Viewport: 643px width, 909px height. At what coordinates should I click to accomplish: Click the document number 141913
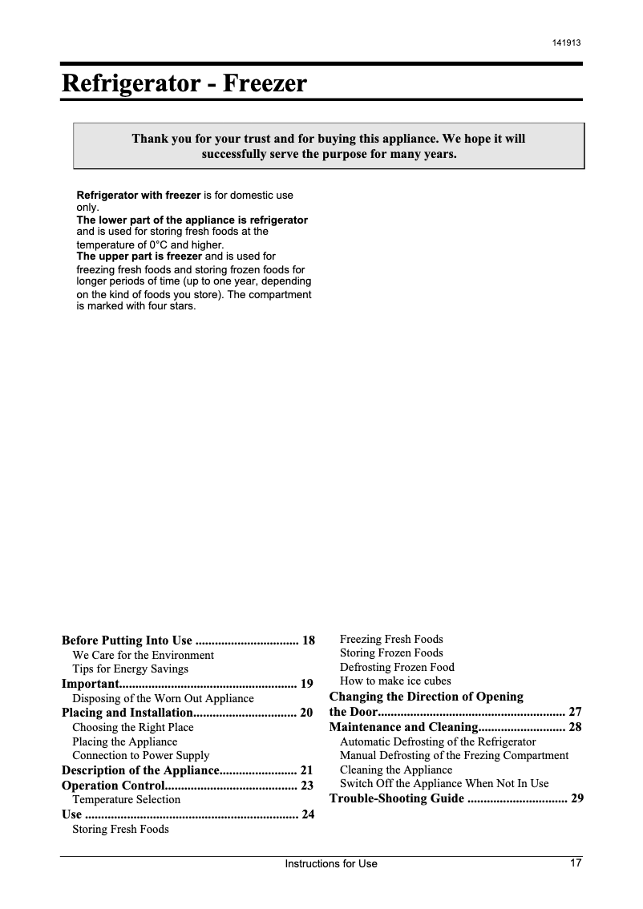pyautogui.click(x=567, y=42)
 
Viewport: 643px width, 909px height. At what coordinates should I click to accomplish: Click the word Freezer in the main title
pyautogui.click(x=265, y=83)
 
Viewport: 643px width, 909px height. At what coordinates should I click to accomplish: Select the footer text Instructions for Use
pyautogui.click(x=331, y=864)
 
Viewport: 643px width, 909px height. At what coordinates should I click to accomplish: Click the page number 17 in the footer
pyautogui.click(x=576, y=863)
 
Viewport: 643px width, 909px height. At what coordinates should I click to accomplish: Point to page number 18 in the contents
pyautogui.click(x=309, y=640)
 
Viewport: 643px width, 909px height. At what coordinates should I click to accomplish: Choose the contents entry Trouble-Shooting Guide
pyautogui.click(x=396, y=798)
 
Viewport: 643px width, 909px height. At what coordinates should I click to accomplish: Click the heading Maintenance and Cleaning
pyautogui.click(x=403, y=727)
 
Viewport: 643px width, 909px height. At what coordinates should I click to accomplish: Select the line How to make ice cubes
pyautogui.click(x=395, y=681)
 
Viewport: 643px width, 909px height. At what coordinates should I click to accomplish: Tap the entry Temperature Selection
pyautogui.click(x=127, y=799)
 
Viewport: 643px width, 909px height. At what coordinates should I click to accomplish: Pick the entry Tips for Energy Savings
pyautogui.click(x=131, y=669)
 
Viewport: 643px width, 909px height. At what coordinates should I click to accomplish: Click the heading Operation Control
pyautogui.click(x=113, y=786)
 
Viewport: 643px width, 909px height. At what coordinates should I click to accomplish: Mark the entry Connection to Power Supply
pyautogui.click(x=141, y=755)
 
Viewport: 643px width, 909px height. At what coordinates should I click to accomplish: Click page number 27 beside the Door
pyautogui.click(x=575, y=712)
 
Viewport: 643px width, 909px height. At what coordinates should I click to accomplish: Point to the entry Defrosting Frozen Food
pyautogui.click(x=397, y=667)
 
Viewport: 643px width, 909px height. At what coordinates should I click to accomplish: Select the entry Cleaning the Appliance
pyautogui.click(x=396, y=770)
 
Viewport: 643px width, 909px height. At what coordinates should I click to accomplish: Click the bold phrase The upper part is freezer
pyautogui.click(x=140, y=257)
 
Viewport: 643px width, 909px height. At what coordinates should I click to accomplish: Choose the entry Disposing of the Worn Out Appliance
pyautogui.click(x=163, y=698)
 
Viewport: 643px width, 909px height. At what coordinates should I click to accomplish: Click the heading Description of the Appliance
pyautogui.click(x=140, y=770)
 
